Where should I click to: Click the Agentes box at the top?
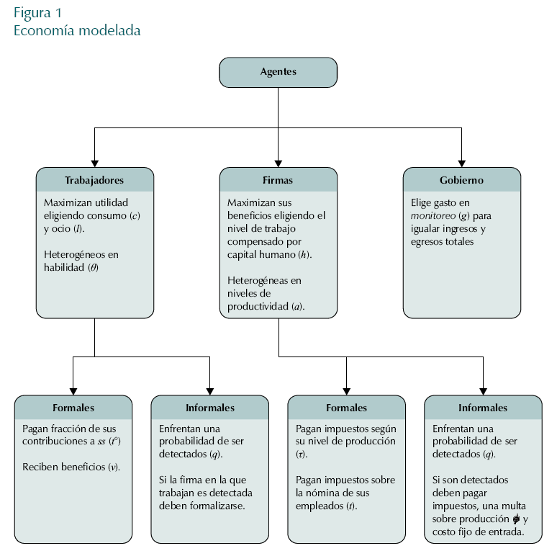pos(278,72)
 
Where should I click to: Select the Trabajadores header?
pos(94,180)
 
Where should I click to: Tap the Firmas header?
pos(278,180)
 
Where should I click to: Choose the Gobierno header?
pos(461,180)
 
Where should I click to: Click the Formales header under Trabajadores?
pos(73,408)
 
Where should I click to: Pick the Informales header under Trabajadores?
pos(210,408)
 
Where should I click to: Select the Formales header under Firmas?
pos(346,408)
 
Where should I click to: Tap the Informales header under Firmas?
pos(483,408)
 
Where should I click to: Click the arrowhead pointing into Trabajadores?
pos(94,163)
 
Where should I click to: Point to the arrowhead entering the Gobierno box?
pos(461,163)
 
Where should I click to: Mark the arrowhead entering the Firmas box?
pos(278,163)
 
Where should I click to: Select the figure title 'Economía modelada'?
pos(77,31)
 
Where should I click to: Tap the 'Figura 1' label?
pos(37,13)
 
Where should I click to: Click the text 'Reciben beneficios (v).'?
pos(71,467)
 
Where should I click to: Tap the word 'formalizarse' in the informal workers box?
pos(216,506)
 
